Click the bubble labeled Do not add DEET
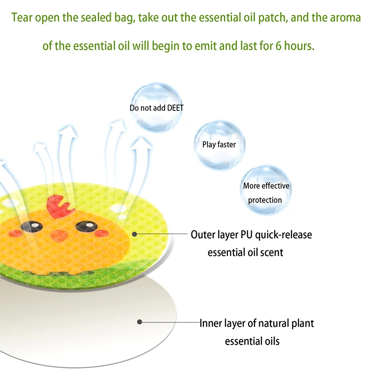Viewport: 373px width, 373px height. [157, 107]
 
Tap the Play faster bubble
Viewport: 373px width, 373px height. [219, 145]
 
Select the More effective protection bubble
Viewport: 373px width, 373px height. [266, 190]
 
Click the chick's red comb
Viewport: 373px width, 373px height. [60, 206]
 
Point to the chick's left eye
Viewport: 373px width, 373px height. [32, 226]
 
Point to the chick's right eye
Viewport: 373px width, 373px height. [87, 226]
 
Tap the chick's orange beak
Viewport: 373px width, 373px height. [59, 235]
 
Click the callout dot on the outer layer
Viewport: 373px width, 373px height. [134, 235]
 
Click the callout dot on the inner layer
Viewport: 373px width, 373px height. [139, 322]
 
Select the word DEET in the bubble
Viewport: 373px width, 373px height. [175, 108]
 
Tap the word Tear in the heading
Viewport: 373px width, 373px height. [21, 18]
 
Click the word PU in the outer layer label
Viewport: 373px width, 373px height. [247, 235]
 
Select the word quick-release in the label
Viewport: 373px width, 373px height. [283, 235]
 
